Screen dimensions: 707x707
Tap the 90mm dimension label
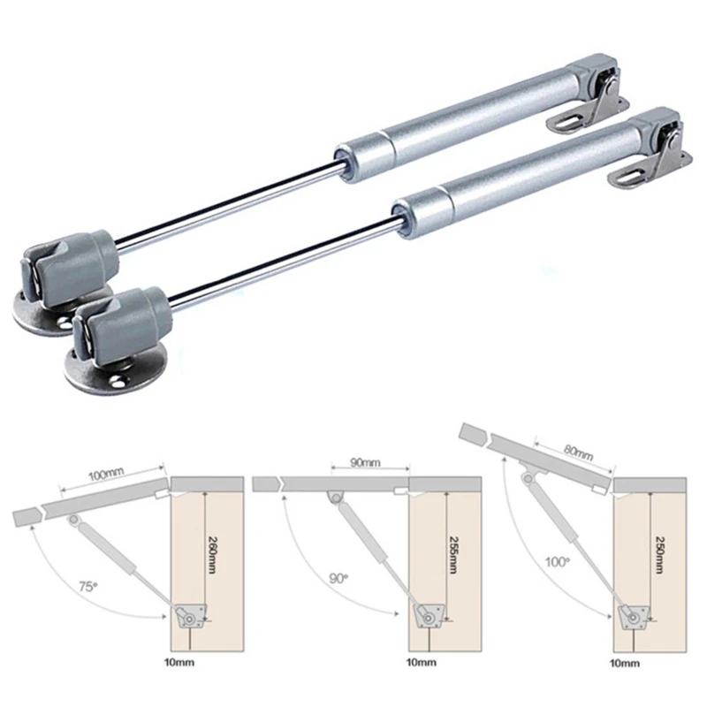coord(364,462)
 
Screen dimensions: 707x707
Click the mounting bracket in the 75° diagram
coord(190,616)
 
